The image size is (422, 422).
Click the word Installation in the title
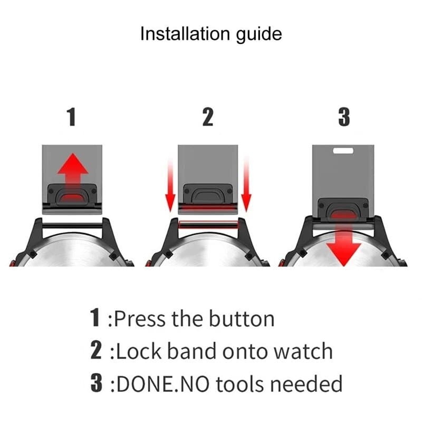[185, 34]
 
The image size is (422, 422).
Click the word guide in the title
[259, 35]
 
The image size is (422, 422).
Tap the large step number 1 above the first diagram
[71, 117]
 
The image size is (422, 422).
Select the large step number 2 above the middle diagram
[208, 117]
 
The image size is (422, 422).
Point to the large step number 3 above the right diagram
[344, 117]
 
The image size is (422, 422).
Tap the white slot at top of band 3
[343, 150]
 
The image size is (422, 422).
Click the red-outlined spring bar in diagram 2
[208, 225]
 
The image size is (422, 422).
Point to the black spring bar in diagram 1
[72, 226]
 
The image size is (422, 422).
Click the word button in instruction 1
[242, 319]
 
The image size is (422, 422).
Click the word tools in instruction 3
[240, 383]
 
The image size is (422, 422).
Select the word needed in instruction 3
[306, 383]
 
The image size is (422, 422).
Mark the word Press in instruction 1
[140, 319]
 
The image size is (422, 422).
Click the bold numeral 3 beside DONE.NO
[97, 383]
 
